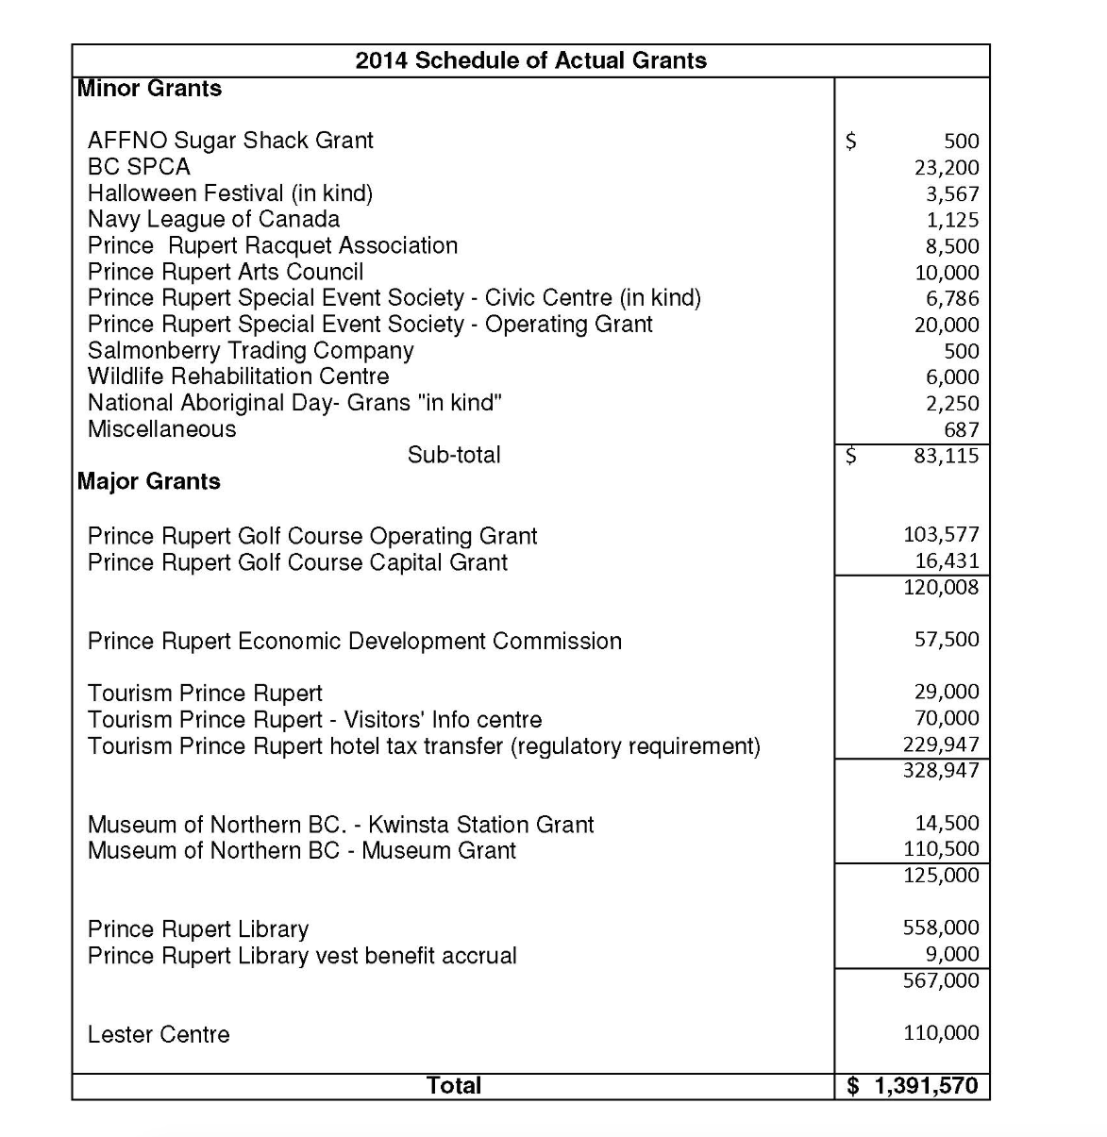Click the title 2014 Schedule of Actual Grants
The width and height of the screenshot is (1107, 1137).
(530, 60)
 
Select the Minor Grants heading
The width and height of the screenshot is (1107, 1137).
(149, 89)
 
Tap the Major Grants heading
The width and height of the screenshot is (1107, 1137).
(149, 481)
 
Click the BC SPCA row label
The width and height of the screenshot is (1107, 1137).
(139, 167)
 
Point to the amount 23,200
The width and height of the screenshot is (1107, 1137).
(947, 168)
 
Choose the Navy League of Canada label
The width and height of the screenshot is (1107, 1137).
(213, 220)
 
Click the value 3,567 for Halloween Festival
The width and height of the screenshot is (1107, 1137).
(951, 194)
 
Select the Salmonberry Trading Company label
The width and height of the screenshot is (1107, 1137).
(250, 351)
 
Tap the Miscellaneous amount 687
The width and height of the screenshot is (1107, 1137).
(962, 430)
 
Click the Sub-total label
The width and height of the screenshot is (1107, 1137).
(454, 455)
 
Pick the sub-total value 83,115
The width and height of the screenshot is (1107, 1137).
(947, 456)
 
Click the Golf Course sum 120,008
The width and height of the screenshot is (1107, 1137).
(941, 587)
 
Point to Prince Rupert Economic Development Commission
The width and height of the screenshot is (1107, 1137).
(354, 642)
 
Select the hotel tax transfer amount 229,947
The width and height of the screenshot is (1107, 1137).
(941, 744)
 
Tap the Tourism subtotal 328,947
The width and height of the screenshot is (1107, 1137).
(941, 770)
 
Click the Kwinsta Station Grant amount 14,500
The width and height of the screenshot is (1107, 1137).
(947, 823)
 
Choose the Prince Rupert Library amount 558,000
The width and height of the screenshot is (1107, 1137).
(941, 928)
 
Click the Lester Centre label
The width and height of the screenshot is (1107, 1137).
(159, 1035)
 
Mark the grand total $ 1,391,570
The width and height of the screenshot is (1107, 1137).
(913, 1086)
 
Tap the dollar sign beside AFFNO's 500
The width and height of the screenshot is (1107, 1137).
(850, 142)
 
